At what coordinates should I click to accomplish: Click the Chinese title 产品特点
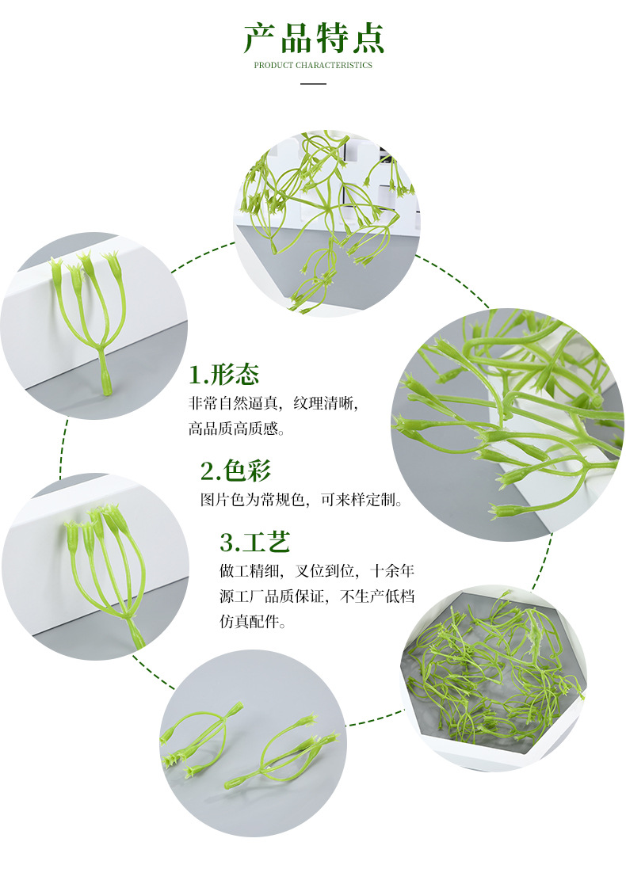pos(313,38)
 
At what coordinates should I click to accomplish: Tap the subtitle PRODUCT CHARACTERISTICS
pos(313,65)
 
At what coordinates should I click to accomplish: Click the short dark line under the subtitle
pos(313,82)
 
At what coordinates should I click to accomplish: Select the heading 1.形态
pos(224,375)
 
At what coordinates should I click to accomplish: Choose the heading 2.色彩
pos(235,471)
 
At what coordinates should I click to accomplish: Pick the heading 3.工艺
pos(255,543)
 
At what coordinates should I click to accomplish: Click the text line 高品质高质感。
pos(236,429)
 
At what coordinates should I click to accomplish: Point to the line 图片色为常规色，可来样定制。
pos(302,501)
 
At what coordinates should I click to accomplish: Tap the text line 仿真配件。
pos(253,622)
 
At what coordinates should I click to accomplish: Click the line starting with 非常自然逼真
pos(273,402)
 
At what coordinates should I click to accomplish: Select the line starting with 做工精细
pos(317,570)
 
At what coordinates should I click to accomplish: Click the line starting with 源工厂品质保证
pos(317,596)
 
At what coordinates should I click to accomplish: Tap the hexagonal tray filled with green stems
pos(493,677)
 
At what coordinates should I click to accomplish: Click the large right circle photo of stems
pos(507,424)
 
